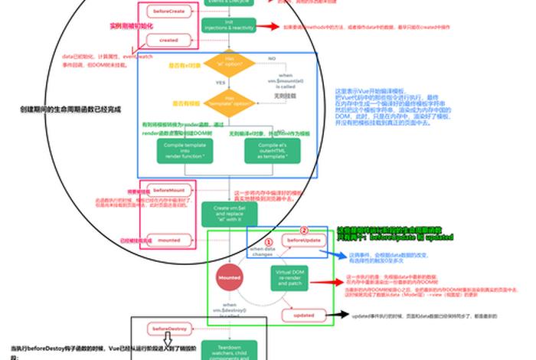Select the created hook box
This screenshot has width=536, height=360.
pos(168,40)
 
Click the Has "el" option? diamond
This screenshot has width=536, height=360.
pos(229,63)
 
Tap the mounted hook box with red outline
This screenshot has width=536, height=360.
pos(168,240)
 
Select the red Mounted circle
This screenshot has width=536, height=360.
pos(229,278)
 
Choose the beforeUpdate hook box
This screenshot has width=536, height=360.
pos(303,241)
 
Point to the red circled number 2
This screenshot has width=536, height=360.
pos(303,230)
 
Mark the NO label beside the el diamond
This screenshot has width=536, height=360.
pos(271,58)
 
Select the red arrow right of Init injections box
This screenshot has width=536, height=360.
pos(266,26)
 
